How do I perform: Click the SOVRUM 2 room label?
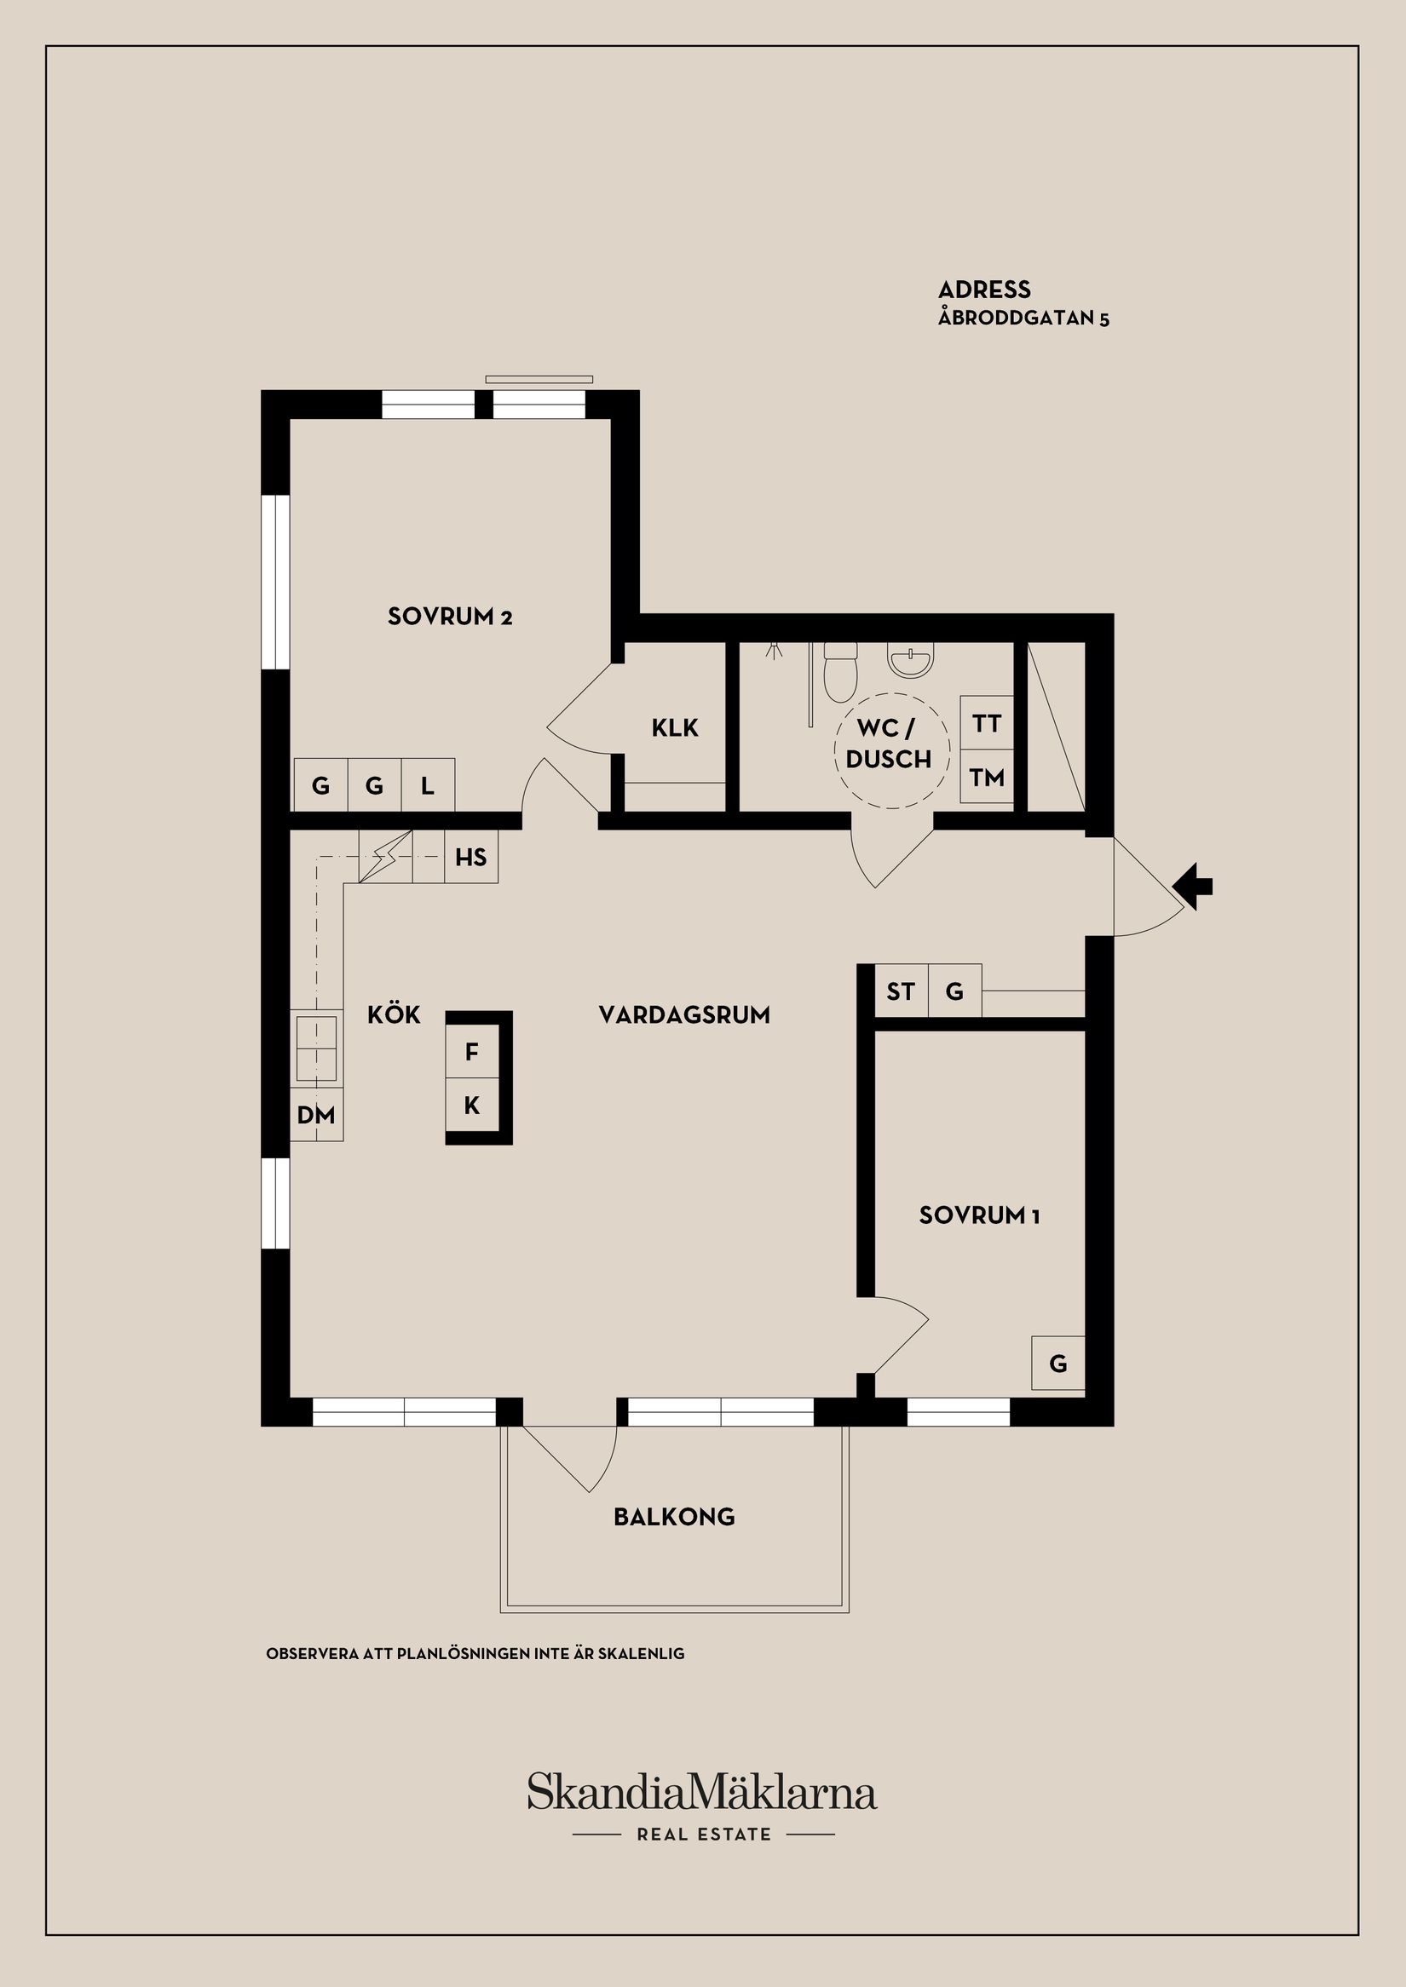coord(449,616)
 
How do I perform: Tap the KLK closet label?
coord(674,728)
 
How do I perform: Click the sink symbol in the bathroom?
coord(910,661)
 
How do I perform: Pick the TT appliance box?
coord(986,722)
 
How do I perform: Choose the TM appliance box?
coord(986,777)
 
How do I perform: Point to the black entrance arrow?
coord(1193,887)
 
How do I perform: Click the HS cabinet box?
coord(471,858)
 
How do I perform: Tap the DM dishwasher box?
coord(316,1116)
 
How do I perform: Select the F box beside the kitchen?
coord(472,1052)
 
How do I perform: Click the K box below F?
coord(472,1105)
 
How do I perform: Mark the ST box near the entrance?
coord(901,991)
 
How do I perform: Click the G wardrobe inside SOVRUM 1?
coord(1058,1364)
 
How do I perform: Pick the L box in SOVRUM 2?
coord(428,786)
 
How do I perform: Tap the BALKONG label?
coord(673,1516)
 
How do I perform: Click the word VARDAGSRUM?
coord(684,1014)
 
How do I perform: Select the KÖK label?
coord(394,1014)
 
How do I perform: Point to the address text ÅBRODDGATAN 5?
coord(1023,318)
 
